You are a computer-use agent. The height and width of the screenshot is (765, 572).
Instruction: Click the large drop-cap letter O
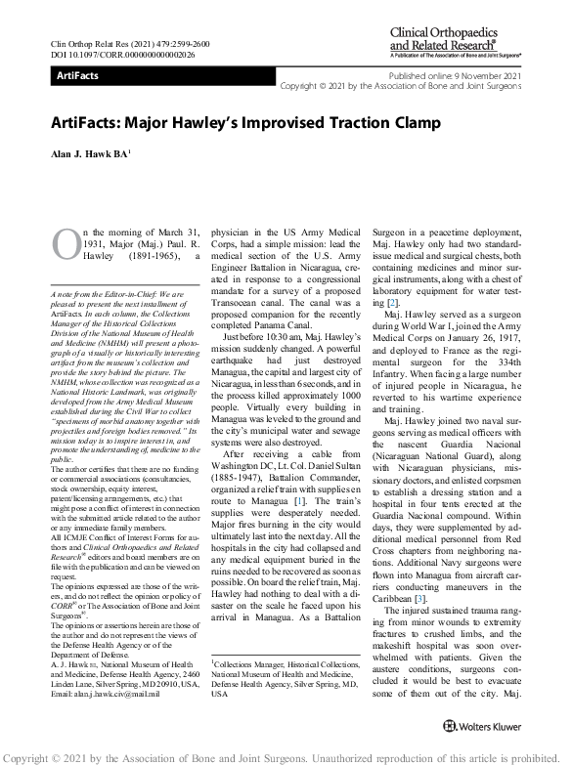(x=66, y=245)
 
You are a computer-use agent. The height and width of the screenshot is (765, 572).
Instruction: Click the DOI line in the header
(x=116, y=56)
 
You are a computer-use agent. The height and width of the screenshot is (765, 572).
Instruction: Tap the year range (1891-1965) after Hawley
(x=147, y=257)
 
